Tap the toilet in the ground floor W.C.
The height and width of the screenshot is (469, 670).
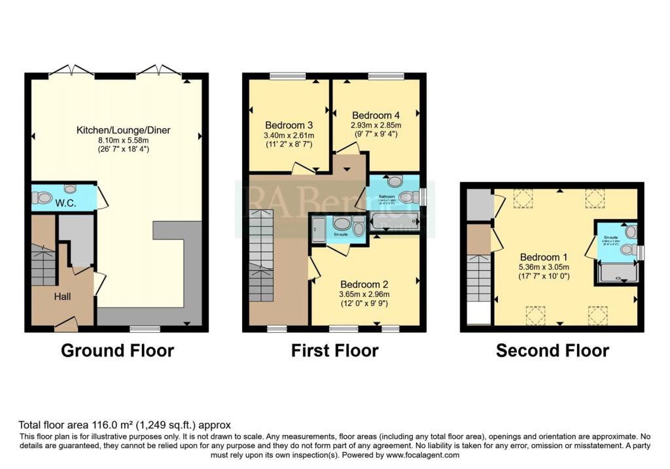(43, 197)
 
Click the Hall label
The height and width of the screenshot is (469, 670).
(63, 296)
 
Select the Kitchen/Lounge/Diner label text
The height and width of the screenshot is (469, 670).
(123, 130)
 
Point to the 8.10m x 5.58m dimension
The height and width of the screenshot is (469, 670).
(123, 140)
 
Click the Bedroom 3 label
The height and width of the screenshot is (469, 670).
(289, 125)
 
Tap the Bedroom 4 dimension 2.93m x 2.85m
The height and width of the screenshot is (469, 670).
(376, 125)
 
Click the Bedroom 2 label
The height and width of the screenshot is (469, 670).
(364, 285)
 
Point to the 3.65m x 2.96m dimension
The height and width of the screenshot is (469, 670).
(364, 294)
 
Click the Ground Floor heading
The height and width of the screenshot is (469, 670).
(117, 351)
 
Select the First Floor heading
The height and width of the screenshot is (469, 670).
(334, 351)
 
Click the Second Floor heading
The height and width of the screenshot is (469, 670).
(552, 351)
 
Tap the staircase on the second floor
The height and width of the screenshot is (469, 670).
(480, 278)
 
